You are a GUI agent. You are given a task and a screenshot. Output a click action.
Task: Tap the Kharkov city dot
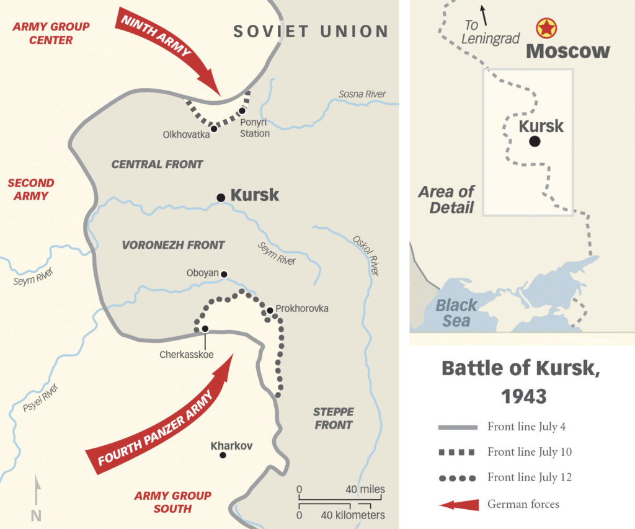223,456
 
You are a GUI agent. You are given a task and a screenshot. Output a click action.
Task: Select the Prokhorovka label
302,309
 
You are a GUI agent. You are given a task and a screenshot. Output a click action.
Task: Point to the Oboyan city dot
224,274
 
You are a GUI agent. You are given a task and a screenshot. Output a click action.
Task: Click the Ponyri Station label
255,128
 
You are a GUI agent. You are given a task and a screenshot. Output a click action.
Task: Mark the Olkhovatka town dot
214,129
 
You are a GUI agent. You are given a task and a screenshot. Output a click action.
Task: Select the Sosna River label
362,94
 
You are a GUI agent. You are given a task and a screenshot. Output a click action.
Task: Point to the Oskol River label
365,255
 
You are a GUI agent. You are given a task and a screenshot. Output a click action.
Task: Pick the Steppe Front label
334,419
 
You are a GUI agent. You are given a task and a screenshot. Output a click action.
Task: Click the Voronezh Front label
173,245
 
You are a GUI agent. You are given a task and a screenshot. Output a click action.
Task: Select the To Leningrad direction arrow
483,13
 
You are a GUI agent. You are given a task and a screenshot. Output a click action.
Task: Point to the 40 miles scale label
365,489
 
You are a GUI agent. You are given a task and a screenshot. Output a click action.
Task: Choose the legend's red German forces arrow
459,505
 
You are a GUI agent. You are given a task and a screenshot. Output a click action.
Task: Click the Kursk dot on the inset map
535,141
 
